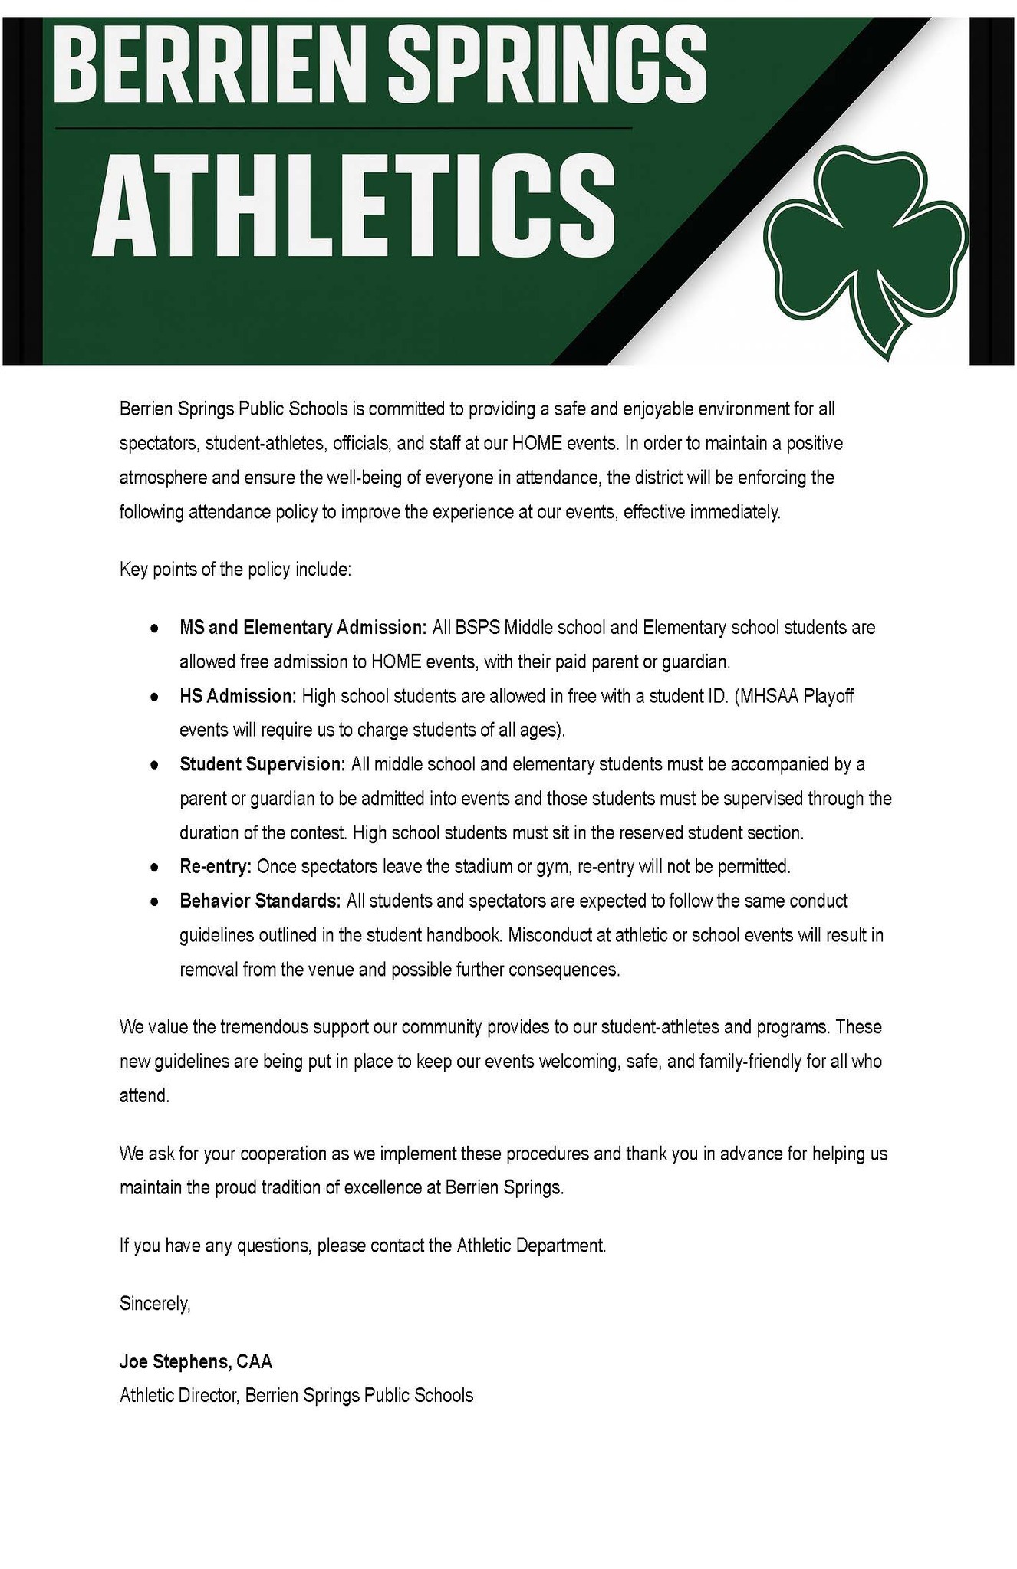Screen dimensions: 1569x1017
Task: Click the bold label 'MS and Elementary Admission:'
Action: pyautogui.click(x=303, y=628)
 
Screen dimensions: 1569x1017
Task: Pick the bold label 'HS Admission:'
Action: pyautogui.click(x=238, y=696)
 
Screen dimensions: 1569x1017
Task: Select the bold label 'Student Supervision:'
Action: pyautogui.click(x=262, y=764)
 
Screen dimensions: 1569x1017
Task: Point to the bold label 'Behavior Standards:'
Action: pyautogui.click(x=260, y=901)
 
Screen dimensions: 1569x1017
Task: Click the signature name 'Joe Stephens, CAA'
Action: pyautogui.click(x=196, y=1361)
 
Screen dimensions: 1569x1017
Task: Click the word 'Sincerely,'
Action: pyautogui.click(x=155, y=1303)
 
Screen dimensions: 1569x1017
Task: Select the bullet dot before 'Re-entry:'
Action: pyautogui.click(x=154, y=868)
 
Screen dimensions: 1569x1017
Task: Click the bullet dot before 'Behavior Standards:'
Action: pyautogui.click(x=154, y=901)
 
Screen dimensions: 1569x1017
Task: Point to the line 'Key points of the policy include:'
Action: pyautogui.click(x=235, y=570)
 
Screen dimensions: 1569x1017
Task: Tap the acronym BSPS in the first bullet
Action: pyautogui.click(x=477, y=628)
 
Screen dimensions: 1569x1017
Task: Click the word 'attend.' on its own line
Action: pyautogui.click(x=144, y=1095)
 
